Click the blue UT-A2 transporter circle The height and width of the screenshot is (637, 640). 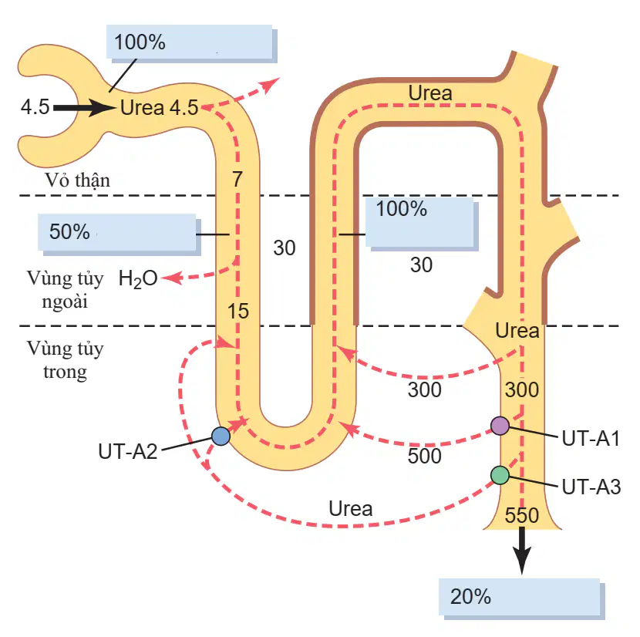pos(221,436)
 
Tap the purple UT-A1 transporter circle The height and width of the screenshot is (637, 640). pos(500,426)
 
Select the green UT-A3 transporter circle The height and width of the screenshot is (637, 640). pos(500,475)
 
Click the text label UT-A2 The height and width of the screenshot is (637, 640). pos(128,452)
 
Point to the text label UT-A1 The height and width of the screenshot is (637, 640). pos(591,439)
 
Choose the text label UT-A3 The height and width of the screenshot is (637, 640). pos(591,487)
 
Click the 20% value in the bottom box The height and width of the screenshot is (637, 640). pos(470,597)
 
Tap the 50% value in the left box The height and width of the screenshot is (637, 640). pos(69,231)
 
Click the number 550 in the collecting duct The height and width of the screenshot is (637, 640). pos(521,515)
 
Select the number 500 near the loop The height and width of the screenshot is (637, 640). pos(425,456)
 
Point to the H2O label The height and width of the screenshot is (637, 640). pos(138,279)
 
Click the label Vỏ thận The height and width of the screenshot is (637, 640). pos(78,180)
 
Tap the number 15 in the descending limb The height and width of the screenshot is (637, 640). pos(238,311)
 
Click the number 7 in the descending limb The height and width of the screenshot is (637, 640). pos(237,179)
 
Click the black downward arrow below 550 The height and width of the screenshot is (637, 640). pos(521,551)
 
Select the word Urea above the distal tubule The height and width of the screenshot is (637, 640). pos(430,93)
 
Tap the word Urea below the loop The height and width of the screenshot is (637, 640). pos(351,509)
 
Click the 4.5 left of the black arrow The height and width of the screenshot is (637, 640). pos(35,107)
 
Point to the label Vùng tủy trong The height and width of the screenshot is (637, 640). pos(66,360)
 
